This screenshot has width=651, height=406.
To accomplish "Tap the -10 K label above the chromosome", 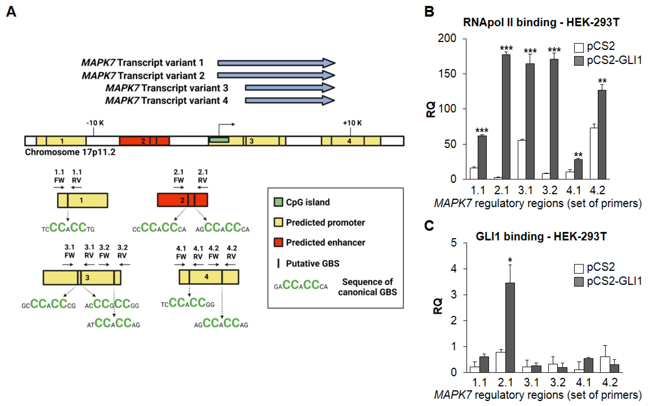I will tap(95, 123).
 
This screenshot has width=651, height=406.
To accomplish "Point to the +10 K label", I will tap(352, 123).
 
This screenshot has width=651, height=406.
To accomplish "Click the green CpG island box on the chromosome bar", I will tap(219, 140).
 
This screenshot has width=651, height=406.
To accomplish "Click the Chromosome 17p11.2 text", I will tap(70, 152).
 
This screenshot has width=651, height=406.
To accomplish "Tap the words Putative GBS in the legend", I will tap(312, 263).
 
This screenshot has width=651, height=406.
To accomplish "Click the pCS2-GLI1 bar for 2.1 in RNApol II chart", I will tap(506, 117).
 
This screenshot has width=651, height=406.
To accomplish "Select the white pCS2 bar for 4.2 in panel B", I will tap(594, 154).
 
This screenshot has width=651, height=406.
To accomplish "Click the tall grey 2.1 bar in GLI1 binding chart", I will tap(510, 328).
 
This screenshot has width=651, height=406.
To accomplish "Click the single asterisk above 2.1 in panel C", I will tap(510, 260).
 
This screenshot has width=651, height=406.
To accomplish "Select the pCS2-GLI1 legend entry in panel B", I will tap(608, 60).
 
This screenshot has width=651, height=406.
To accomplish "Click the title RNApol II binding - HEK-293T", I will tap(541, 22).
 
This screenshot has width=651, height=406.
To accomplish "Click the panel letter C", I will tap(429, 226).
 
